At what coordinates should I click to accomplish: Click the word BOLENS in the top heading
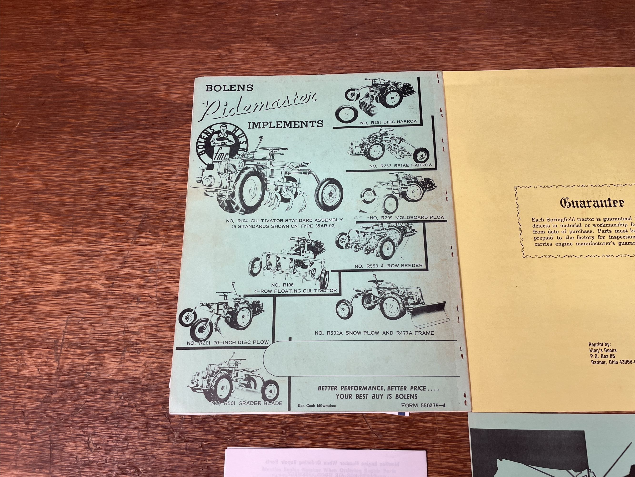pos(229,88)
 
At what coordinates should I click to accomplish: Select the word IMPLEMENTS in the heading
pos(285,124)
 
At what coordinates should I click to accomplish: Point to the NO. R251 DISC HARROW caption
pos(389,122)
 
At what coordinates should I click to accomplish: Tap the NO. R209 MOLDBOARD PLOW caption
pos(407,218)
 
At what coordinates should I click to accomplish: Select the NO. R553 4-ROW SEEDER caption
pos(388,266)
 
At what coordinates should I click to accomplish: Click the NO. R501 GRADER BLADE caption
pos(247,403)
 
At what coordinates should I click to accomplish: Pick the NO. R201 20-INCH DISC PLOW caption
pos(227,342)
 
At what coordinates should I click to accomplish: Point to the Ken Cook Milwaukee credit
pos(317,406)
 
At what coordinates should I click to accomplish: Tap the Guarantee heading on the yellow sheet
pos(592,203)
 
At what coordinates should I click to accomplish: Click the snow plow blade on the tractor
pos(429,314)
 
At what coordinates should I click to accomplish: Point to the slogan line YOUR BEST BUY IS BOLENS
pos(376,396)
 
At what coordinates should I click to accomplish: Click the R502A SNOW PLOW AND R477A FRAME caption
pos(374,333)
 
